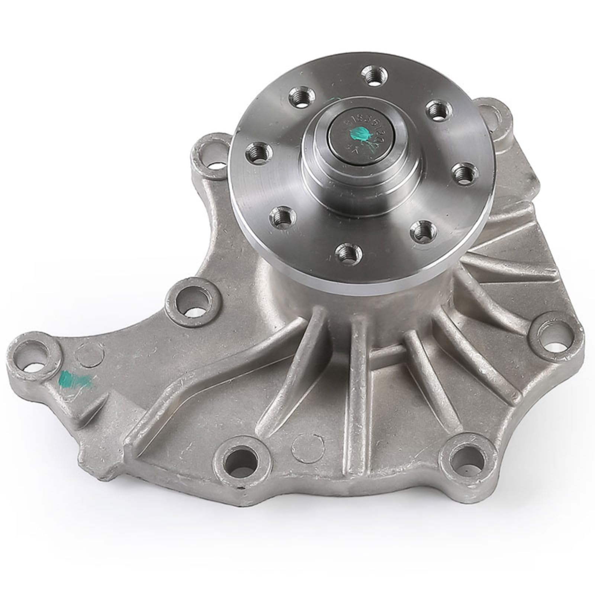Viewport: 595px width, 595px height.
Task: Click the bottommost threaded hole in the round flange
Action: click(x=348, y=253)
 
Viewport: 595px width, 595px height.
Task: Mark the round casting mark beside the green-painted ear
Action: click(x=90, y=353)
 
